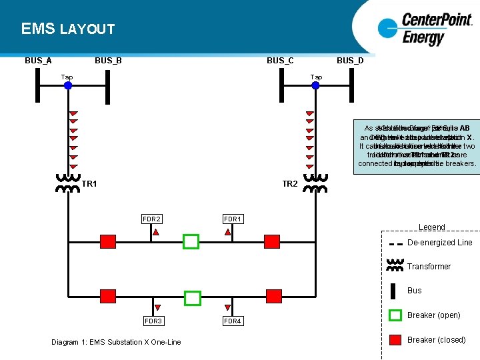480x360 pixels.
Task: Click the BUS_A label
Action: (38, 61)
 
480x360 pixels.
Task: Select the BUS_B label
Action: (108, 61)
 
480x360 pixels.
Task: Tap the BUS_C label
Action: (280, 61)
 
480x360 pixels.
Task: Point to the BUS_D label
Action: (350, 61)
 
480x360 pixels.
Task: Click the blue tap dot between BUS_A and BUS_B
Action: (68, 85)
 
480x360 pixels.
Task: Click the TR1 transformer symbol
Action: (67, 183)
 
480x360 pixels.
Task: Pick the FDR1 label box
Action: (233, 218)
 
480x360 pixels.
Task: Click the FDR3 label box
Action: (153, 321)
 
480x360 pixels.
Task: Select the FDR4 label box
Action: (233, 321)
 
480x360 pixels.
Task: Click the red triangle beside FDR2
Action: (155, 233)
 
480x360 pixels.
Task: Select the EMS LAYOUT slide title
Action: (68, 29)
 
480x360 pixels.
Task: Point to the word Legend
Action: (432, 227)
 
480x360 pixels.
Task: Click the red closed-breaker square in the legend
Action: (397, 340)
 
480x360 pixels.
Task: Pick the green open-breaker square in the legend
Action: (397, 315)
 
